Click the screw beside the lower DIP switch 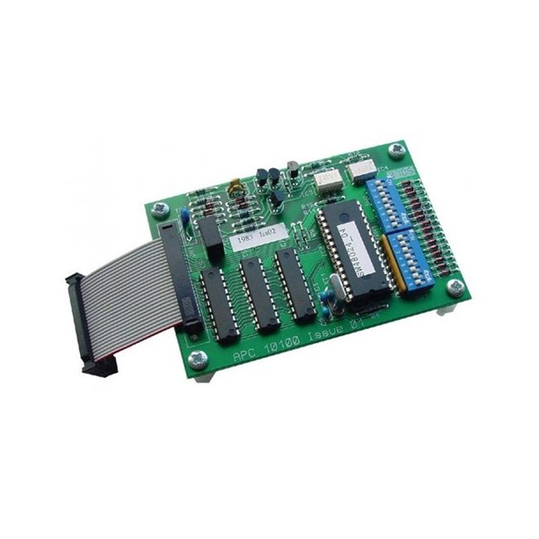point(455,287)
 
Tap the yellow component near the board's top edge point(234,190)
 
